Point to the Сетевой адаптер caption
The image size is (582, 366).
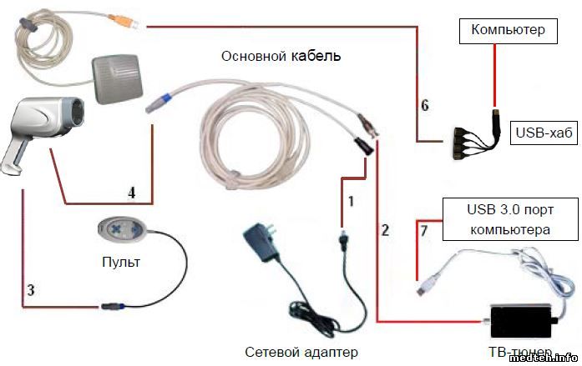(302, 352)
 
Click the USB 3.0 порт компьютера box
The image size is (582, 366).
(509, 220)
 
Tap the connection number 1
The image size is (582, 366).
(352, 201)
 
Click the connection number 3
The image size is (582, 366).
(31, 290)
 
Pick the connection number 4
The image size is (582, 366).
(131, 192)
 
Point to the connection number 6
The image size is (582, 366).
(424, 105)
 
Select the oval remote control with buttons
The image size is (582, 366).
(123, 230)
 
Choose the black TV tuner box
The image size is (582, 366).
(523, 319)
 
